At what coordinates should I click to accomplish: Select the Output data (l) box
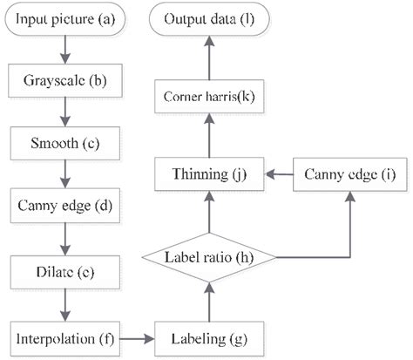pos(209,17)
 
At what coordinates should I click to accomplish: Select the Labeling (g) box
pos(209,335)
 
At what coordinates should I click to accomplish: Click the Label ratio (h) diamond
pos(209,258)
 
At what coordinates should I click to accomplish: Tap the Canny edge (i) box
pos(350,174)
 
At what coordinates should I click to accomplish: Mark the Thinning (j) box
pos(209,174)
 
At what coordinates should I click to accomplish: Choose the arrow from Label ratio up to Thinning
pos(209,214)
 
